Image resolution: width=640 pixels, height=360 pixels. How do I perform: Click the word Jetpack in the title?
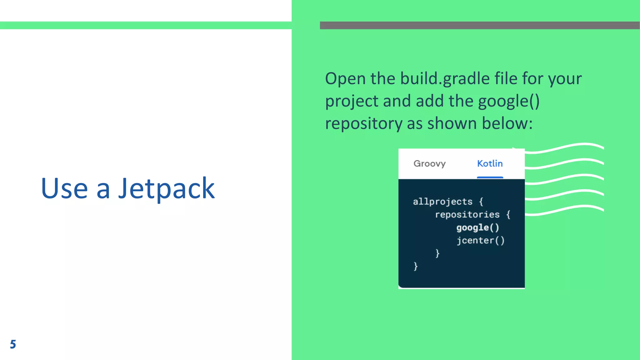[x=166, y=188]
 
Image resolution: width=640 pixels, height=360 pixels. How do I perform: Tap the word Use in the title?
[x=64, y=188]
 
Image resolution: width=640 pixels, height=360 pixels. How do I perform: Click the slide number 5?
[x=13, y=344]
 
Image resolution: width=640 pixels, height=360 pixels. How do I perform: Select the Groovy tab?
[x=429, y=163]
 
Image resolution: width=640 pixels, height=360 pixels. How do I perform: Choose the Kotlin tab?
[x=490, y=163]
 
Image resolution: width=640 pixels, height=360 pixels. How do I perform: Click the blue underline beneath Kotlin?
[x=490, y=177]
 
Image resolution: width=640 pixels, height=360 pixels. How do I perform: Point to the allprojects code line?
[x=442, y=202]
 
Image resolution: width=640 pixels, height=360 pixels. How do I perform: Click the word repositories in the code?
[x=467, y=214]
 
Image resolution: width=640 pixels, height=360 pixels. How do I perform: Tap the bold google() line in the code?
[x=477, y=227]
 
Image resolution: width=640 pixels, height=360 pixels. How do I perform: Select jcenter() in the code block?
[x=480, y=240]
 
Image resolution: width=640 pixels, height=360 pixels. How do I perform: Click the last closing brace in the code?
[x=415, y=266]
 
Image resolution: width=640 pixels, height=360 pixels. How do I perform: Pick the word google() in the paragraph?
[x=508, y=101]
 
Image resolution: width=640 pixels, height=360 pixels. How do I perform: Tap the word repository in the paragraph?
[x=363, y=124]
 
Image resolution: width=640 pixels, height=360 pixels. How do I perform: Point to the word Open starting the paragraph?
[x=345, y=79]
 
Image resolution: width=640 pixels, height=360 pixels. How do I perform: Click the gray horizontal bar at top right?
[x=480, y=25]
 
